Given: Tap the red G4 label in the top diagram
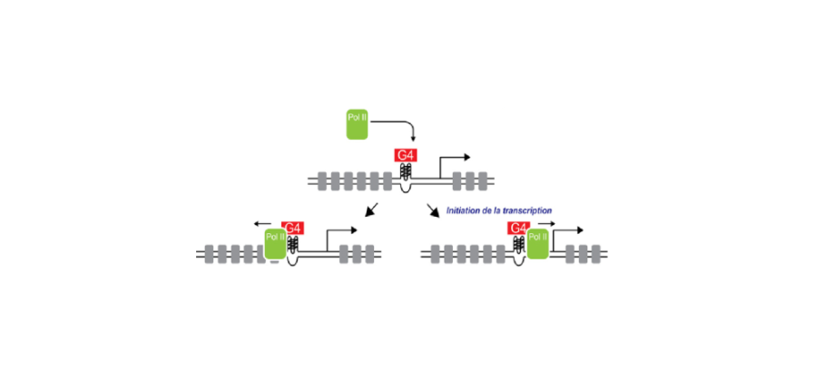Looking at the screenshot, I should [406, 156].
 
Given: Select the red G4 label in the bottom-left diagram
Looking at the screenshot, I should [293, 228].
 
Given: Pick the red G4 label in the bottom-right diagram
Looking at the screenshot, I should [518, 228].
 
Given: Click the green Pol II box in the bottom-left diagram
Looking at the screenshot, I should [275, 247].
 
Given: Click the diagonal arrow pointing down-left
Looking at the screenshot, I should [369, 211].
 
